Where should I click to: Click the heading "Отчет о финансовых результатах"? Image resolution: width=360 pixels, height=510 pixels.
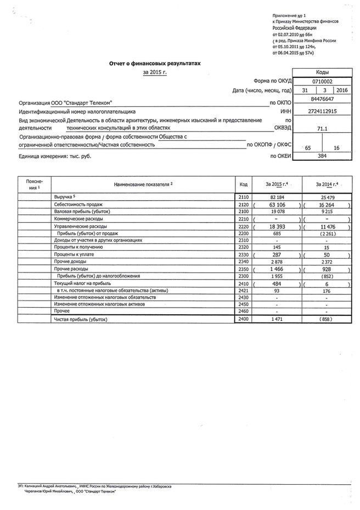[155, 64]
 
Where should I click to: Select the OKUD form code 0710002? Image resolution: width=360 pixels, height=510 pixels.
[322, 81]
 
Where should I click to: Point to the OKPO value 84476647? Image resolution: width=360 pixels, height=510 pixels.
[322, 99]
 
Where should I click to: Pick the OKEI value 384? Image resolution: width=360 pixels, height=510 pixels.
[322, 156]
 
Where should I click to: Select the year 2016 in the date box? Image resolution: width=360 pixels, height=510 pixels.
[342, 90]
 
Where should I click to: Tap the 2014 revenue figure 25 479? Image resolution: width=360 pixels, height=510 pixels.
[327, 196]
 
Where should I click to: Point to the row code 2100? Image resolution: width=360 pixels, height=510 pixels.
[244, 211]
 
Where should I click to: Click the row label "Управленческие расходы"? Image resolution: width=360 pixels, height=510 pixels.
[81, 226]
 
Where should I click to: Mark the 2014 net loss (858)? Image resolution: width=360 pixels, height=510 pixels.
[327, 319]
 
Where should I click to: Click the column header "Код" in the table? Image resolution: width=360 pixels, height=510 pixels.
[244, 184]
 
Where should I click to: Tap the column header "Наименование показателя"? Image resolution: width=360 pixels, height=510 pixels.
[143, 184]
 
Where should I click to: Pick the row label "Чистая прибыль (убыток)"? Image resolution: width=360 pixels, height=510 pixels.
[81, 319]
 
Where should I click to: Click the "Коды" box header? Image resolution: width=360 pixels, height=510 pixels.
[322, 72]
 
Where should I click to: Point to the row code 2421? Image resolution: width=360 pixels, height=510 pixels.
[244, 290]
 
